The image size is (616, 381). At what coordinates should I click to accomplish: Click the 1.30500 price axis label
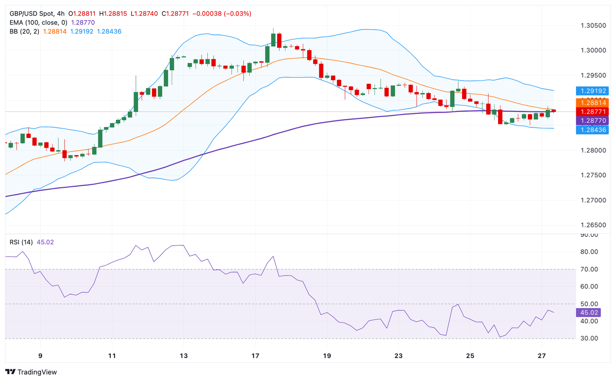[593, 26]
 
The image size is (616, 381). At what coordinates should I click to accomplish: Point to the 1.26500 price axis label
[593, 225]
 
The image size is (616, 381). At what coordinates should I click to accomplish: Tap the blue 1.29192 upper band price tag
[592, 91]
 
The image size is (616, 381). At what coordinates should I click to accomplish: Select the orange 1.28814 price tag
[592, 103]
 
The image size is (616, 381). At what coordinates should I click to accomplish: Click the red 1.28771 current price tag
[592, 112]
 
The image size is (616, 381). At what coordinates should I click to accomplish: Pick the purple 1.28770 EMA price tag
[592, 121]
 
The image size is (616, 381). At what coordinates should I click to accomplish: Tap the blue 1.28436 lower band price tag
[592, 130]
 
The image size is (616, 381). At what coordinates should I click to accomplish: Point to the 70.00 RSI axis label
[589, 270]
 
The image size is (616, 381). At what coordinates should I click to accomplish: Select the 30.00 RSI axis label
[589, 338]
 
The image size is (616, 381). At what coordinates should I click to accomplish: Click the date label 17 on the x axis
[255, 356]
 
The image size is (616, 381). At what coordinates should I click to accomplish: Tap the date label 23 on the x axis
[398, 356]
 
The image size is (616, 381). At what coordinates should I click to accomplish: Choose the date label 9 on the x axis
[40, 356]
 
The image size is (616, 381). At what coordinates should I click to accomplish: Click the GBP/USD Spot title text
[32, 14]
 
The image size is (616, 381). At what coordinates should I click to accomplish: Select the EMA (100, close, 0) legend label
[38, 22]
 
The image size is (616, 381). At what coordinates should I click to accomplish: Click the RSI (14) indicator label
[21, 242]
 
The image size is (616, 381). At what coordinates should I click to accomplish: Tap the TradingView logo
[31, 372]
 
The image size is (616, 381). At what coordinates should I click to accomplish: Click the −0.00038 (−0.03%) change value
[222, 14]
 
